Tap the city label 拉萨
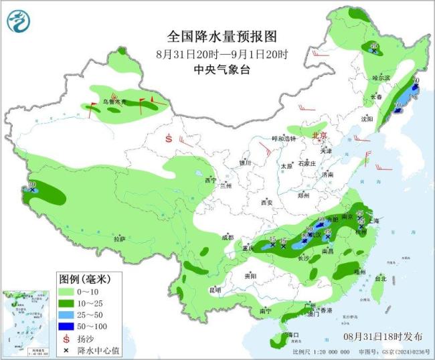tap(119, 239)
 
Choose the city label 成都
tap(228, 237)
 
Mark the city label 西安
tap(268, 202)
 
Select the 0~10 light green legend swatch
tap(67, 292)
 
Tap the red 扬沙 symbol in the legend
tap(66, 337)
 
